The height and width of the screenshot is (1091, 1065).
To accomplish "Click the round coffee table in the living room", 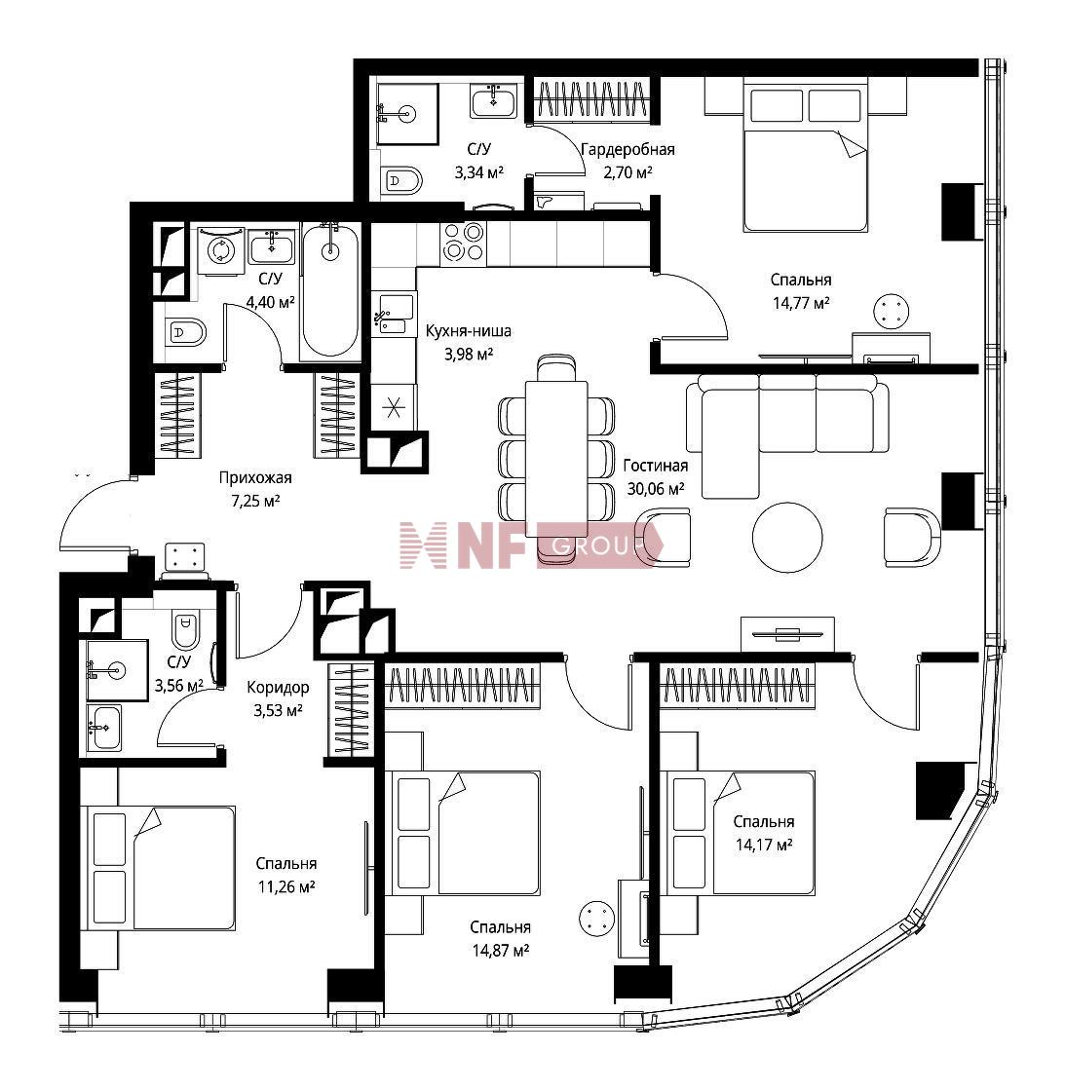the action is (x=787, y=537).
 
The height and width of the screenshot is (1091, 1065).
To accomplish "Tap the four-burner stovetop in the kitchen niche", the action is (x=463, y=243).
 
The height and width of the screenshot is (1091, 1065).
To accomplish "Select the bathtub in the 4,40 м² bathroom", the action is (x=330, y=291).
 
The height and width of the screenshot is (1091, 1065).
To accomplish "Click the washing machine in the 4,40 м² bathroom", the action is (x=220, y=252).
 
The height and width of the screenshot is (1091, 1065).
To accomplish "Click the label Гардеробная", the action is (x=628, y=150).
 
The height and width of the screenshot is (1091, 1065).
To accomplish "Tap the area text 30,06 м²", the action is (x=655, y=488).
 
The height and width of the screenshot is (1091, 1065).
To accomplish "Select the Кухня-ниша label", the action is (x=469, y=330).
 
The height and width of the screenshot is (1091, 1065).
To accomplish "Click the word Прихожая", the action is (x=254, y=477).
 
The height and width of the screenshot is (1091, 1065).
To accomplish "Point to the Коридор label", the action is (x=278, y=688).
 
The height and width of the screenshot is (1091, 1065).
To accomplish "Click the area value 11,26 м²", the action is (x=285, y=886).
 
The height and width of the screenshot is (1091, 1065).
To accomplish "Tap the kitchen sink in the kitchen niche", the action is (x=394, y=314).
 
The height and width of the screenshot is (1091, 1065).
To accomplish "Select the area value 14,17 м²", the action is (x=764, y=845).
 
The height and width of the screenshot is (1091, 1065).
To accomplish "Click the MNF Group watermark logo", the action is (x=531, y=545).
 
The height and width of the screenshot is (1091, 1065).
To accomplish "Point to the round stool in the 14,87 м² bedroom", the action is (x=596, y=918).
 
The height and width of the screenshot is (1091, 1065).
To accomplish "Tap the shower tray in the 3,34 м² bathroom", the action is (x=407, y=114).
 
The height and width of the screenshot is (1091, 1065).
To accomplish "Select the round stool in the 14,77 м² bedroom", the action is (x=893, y=311).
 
